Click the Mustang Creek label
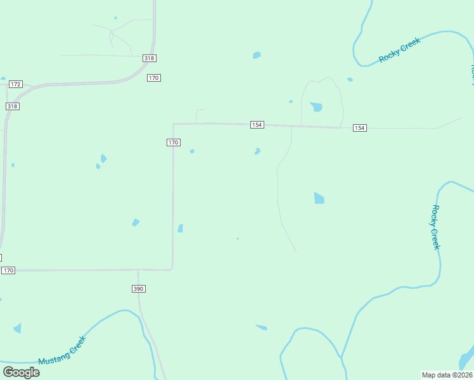(x=62, y=350)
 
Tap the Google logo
(x=21, y=372)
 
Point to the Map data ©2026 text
(x=447, y=375)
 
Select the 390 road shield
(x=139, y=289)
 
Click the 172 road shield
(x=16, y=84)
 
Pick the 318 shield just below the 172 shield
(x=13, y=106)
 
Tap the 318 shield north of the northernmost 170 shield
(x=149, y=58)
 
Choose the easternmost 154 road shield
(x=359, y=128)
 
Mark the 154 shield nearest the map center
(x=257, y=125)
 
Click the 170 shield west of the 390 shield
(x=8, y=270)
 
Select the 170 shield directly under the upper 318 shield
(x=154, y=78)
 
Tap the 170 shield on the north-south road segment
(x=173, y=142)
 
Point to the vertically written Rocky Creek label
(x=435, y=227)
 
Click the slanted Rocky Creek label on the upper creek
(x=399, y=50)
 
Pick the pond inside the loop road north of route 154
(x=316, y=106)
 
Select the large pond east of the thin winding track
(x=319, y=198)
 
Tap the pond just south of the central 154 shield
(x=257, y=151)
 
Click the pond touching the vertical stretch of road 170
(x=181, y=228)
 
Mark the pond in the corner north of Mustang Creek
(x=17, y=328)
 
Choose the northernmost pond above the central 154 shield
(x=257, y=55)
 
